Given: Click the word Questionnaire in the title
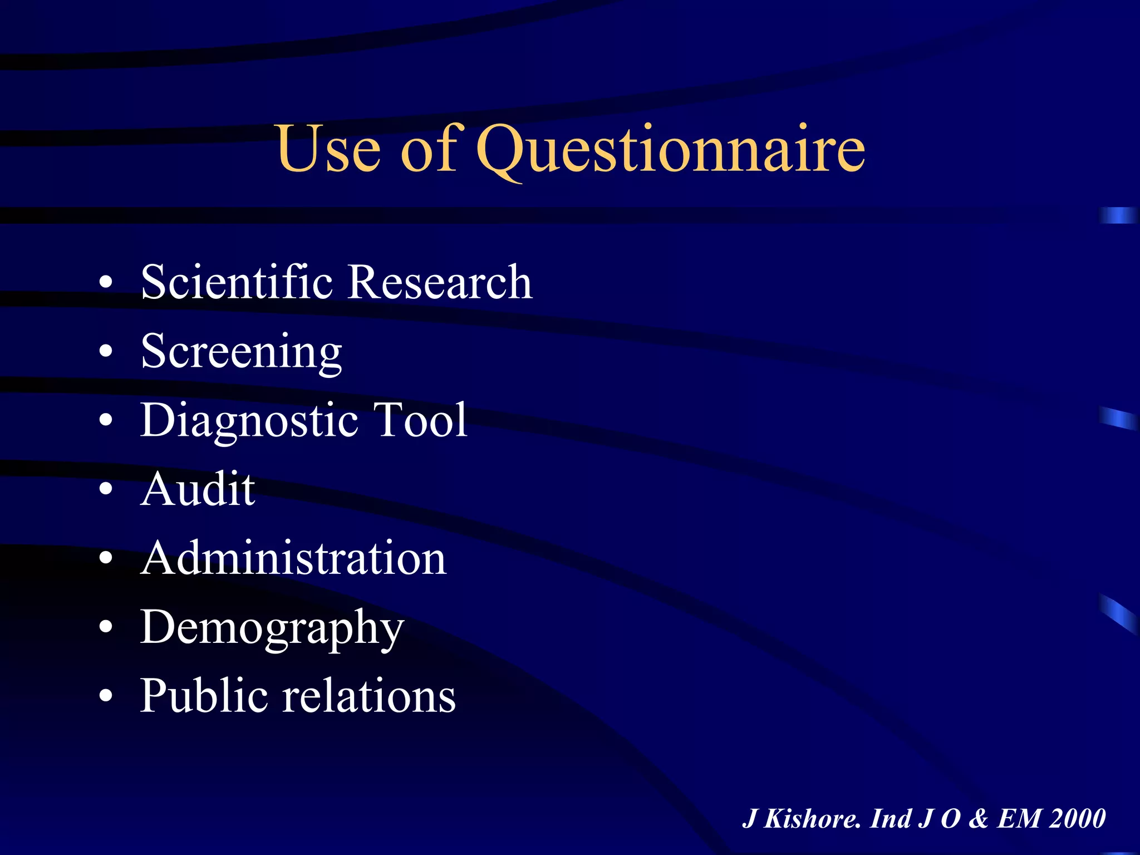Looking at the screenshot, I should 671,149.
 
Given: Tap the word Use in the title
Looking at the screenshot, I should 329,149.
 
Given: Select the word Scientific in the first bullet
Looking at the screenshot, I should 237,282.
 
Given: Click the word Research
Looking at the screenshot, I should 440,282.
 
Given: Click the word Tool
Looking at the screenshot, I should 420,420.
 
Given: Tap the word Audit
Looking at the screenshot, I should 198,489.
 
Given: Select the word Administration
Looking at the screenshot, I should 293,558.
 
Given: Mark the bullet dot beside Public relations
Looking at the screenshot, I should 106,696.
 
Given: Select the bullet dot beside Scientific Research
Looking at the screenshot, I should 106,282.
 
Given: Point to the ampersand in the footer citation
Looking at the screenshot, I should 978,819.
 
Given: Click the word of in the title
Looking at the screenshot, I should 429,149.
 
